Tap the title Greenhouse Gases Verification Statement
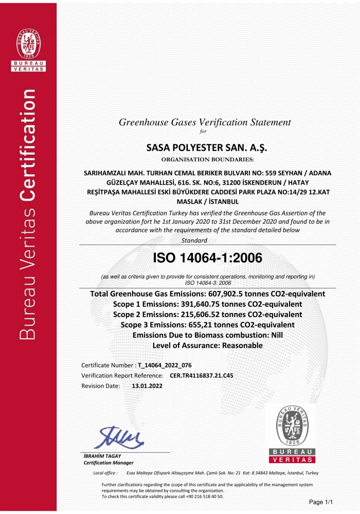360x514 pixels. click(x=205, y=122)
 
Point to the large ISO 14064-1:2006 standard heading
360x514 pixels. click(x=208, y=257)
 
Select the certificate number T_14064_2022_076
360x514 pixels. click(x=165, y=365)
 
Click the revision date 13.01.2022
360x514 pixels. click(x=147, y=385)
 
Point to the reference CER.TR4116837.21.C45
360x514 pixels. click(x=201, y=375)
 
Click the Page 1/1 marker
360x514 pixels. click(x=321, y=502)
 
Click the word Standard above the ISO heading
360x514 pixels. click(x=194, y=240)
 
